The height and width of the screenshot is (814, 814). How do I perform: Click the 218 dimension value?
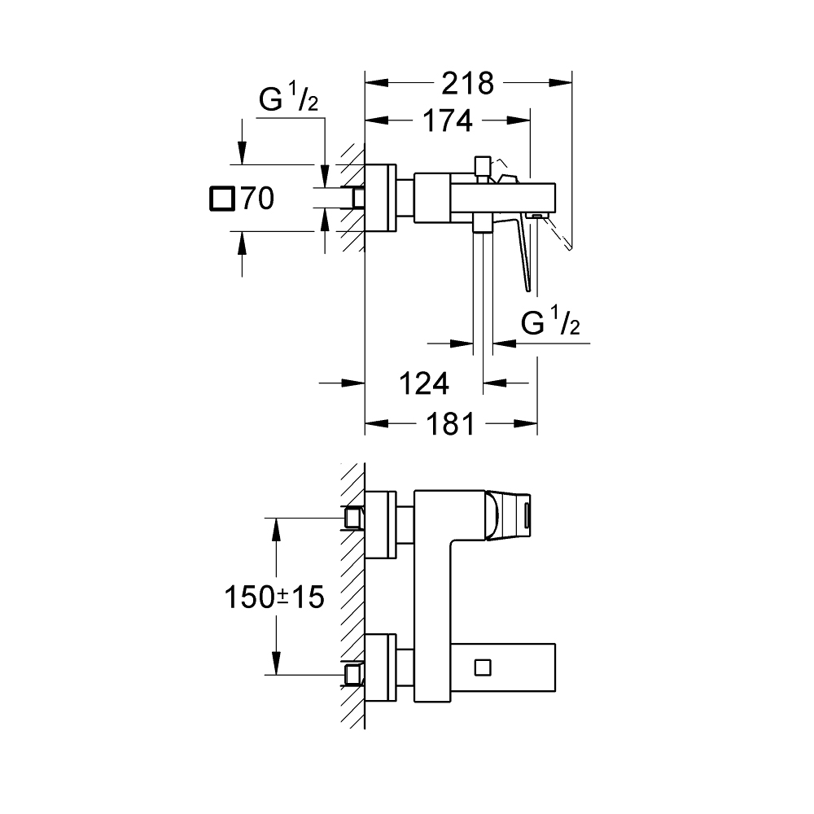point(467,83)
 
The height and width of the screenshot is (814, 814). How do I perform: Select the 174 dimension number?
point(447,120)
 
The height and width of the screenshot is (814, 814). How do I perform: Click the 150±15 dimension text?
point(274,597)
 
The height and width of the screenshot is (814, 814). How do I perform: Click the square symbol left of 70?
point(221,199)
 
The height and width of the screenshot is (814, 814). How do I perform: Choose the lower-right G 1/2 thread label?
point(550,326)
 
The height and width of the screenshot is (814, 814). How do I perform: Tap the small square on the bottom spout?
point(482,667)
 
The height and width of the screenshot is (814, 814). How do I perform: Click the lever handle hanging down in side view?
point(524,252)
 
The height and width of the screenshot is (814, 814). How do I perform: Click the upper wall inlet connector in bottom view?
point(353,518)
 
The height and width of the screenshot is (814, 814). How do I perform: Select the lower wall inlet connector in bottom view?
point(353,674)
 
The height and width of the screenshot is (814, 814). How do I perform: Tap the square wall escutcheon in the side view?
point(380,198)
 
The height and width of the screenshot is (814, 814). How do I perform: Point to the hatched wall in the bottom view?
point(352,594)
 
